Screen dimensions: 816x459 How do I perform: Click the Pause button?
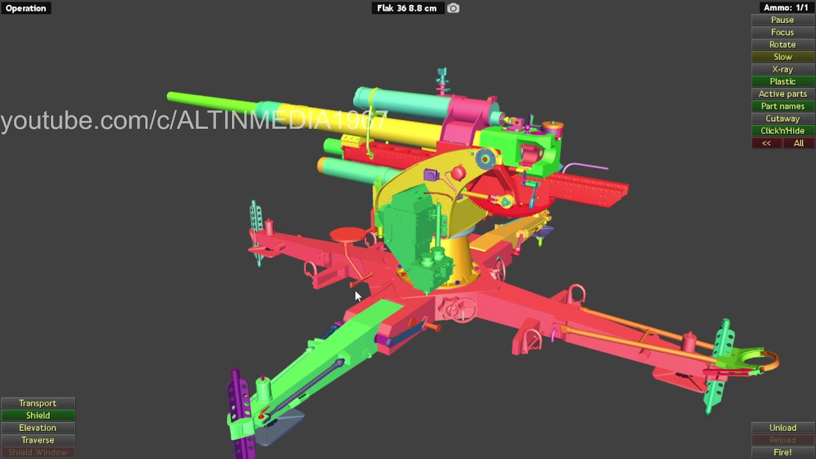[782, 20]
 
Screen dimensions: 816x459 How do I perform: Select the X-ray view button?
[782, 69]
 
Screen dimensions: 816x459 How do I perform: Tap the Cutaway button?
[782, 119]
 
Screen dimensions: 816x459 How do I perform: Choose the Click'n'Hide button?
[782, 131]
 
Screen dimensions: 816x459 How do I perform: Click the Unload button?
[782, 428]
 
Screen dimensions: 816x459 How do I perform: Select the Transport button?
[38, 404]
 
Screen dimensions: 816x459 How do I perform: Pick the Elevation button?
[38, 428]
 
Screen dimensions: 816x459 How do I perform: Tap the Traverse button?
[38, 440]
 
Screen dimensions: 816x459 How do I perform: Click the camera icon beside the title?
[453, 8]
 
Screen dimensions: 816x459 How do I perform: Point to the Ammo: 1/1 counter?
[786, 8]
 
